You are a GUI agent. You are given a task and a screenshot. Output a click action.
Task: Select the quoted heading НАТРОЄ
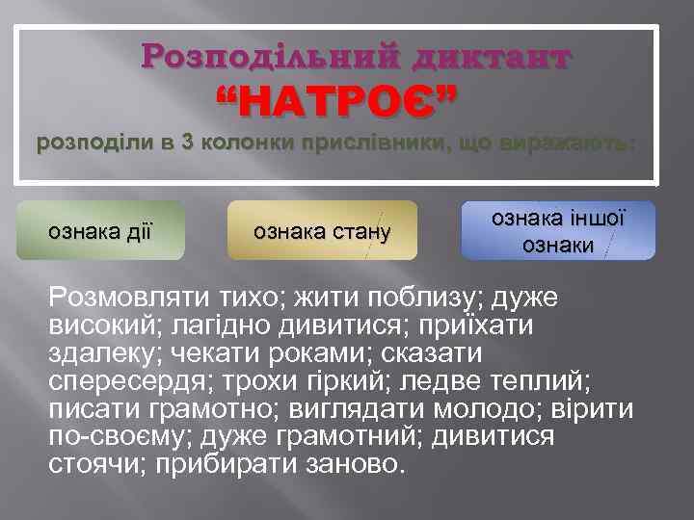336,99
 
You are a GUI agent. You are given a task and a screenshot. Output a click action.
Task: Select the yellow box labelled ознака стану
321,230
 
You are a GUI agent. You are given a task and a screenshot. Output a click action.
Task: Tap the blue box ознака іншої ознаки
558,231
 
